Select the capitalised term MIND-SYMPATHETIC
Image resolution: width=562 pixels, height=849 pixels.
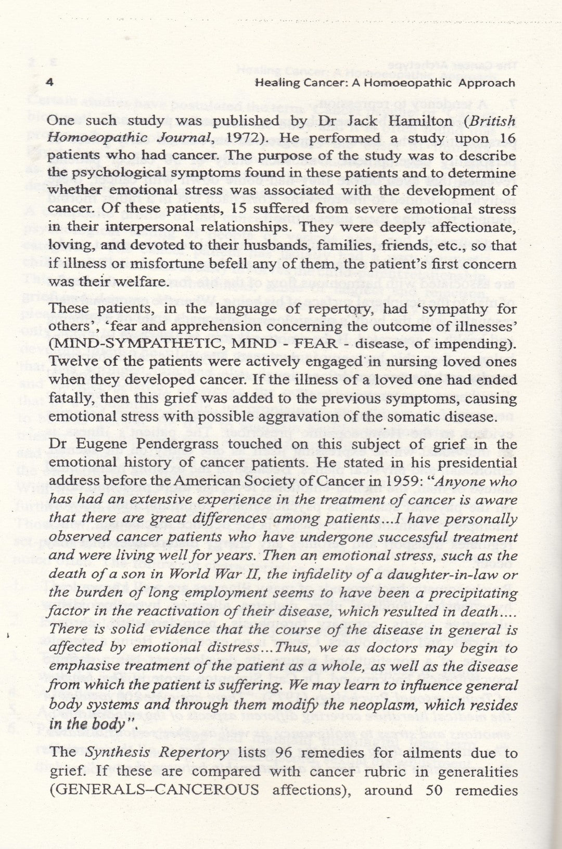(x=136, y=343)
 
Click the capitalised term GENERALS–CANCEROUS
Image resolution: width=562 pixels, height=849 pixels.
(x=158, y=790)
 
